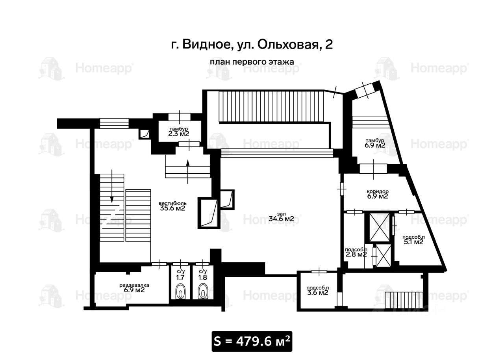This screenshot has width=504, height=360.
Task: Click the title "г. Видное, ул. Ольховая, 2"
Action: coord(252,45)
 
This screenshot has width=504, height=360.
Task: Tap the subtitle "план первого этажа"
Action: coord(252,62)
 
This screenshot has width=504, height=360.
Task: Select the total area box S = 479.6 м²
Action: coord(252,341)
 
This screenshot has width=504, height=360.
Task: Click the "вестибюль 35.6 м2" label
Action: coord(172,206)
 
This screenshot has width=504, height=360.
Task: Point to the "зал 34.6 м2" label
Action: coord(281,216)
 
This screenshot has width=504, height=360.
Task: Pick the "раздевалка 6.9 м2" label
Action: coord(134,288)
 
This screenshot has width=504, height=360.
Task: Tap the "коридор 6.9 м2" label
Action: coord(378,194)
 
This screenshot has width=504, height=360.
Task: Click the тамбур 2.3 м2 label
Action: coord(179,132)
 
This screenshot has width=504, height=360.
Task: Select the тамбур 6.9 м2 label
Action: coord(375,143)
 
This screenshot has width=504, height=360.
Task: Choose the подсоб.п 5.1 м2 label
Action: coord(413,239)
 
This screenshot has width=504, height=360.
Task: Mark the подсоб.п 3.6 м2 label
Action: coord(317,290)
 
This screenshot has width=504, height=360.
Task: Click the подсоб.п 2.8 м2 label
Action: coord(356,252)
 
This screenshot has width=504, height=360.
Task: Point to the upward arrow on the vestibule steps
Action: coord(188,171)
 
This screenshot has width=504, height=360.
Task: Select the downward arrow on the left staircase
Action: coord(112,186)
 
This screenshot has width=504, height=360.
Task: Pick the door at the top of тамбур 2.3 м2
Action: coord(180,117)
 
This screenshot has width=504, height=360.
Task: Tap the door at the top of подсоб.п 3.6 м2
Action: coord(319,272)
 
